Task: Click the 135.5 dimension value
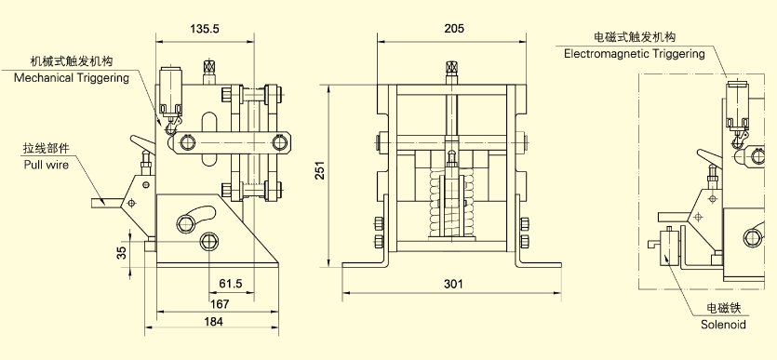coord(204,29)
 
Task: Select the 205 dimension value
coord(454,29)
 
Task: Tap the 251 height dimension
coord(321,170)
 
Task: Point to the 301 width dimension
coord(453,284)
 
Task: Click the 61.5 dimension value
coord(231,284)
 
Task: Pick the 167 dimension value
coord(220,303)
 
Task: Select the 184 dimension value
coord(214,321)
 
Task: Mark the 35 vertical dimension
coord(122,252)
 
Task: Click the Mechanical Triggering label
coord(72,78)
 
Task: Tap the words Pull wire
coord(47,165)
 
